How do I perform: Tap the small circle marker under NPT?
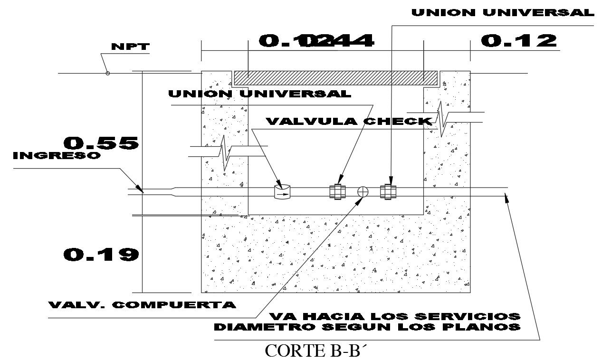pos(108,73)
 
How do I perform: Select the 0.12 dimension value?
pos(519,41)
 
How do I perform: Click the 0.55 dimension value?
pos(101,143)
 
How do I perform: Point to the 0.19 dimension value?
pos(101,255)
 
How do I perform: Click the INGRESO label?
pos(57,156)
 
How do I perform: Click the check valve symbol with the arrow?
pos(283,192)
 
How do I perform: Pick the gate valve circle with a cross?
pos(363,191)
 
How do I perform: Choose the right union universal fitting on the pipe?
pos(389,191)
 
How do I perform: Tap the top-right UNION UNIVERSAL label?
pos(503,13)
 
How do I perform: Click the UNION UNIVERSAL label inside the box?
pos(260,94)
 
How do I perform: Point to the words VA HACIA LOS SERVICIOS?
pos(395,316)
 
